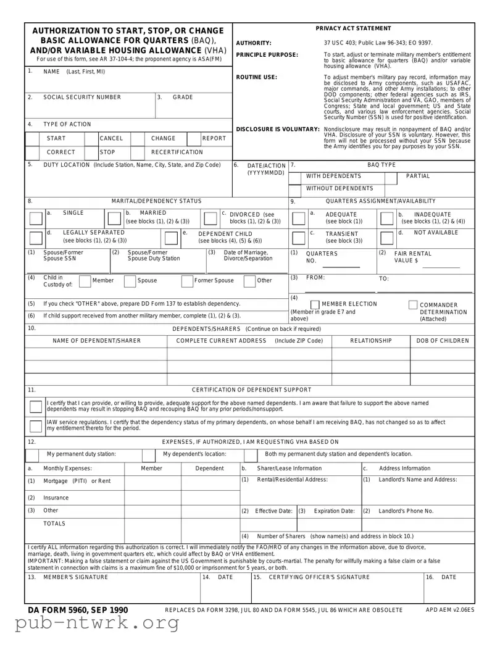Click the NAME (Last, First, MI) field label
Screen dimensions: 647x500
click(x=73, y=72)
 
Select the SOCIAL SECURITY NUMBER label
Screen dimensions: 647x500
click(x=82, y=98)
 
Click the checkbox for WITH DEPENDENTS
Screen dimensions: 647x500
click(x=297, y=176)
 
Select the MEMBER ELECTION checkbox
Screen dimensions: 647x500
click(x=315, y=304)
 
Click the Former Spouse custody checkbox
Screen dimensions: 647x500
click(x=186, y=282)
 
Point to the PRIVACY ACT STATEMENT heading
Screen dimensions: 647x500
click(x=353, y=28)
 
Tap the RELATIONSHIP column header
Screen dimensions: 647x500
click(x=371, y=341)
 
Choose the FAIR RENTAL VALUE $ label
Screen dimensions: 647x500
click(x=413, y=257)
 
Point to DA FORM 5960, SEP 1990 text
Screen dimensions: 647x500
click(x=78, y=610)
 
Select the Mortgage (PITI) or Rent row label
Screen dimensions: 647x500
click(x=77, y=480)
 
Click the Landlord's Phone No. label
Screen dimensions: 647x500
click(x=406, y=511)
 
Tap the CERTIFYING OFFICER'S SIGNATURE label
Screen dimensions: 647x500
click(x=317, y=577)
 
